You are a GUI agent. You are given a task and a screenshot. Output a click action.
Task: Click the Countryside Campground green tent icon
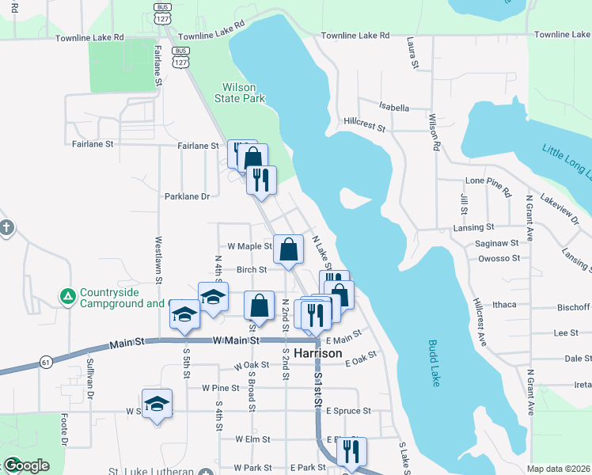[x=68, y=297]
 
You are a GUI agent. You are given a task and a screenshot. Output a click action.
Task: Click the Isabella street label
[x=394, y=108]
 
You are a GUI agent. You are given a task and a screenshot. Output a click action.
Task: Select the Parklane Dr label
[x=187, y=196]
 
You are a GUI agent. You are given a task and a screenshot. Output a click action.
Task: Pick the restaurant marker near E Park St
[x=351, y=450]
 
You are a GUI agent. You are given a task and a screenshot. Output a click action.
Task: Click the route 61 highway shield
[x=47, y=362]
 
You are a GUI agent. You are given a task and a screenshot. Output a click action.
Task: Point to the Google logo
[x=26, y=465]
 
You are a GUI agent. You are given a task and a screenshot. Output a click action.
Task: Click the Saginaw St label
[x=497, y=243]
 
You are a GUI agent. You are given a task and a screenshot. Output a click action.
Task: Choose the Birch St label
[x=252, y=269]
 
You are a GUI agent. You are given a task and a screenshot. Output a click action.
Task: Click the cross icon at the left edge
[x=6, y=228]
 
